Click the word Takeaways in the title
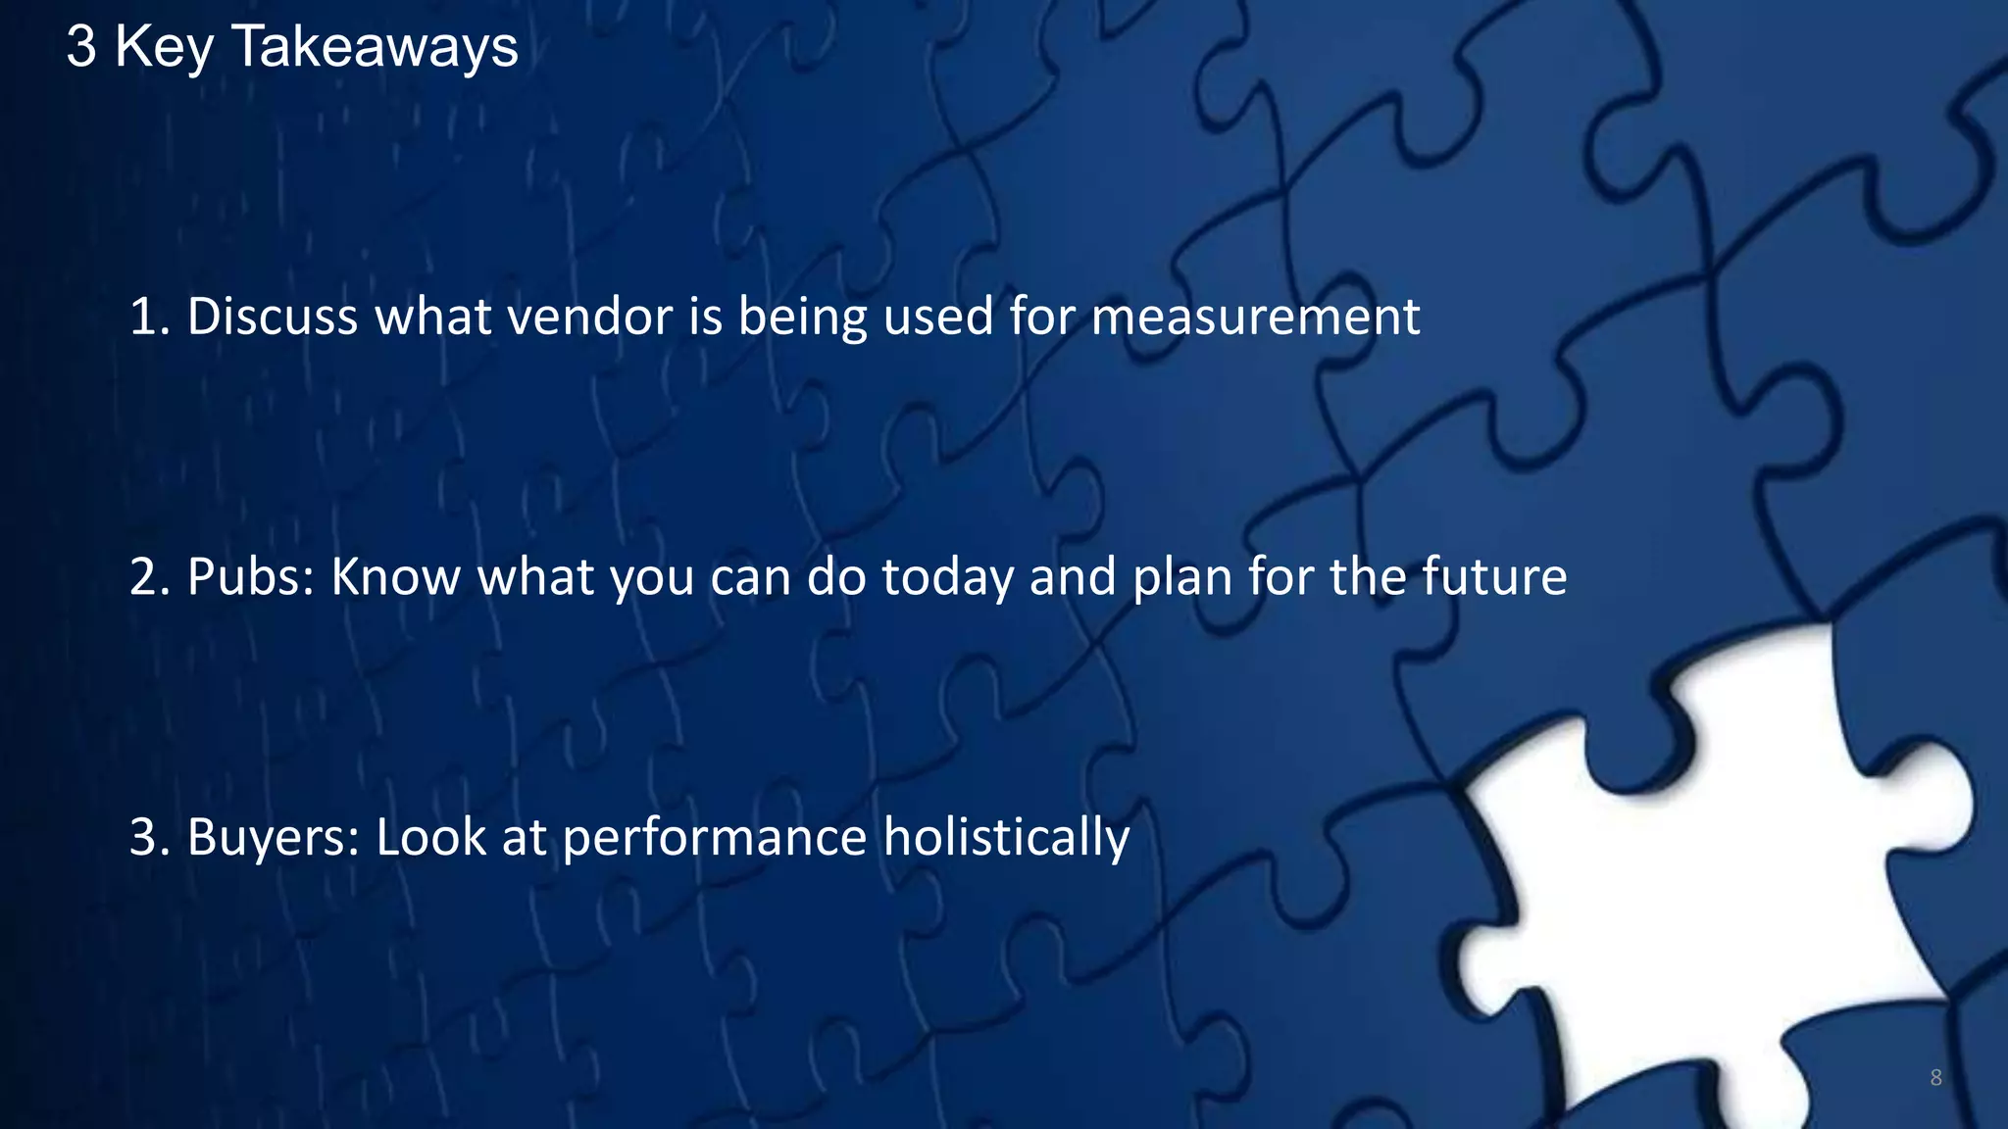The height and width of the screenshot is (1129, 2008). point(375,47)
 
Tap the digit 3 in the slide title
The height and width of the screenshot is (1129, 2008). point(81,47)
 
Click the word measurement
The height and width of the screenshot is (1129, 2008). point(1255,317)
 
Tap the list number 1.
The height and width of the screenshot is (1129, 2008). point(147,317)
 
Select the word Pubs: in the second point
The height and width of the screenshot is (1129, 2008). point(251,576)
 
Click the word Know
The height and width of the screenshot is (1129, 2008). point(395,576)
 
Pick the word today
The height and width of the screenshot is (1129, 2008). point(947,578)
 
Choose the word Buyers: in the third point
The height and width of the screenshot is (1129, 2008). point(274,838)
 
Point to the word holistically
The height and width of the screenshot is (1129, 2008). point(1006,838)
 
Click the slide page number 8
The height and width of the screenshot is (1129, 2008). point(1935,1078)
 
